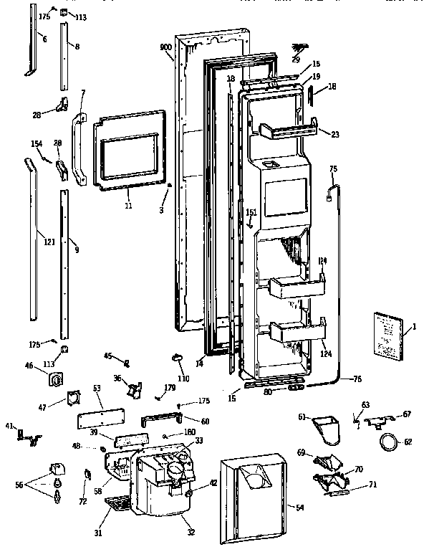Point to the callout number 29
click(x=296, y=60)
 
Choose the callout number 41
click(x=9, y=426)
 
